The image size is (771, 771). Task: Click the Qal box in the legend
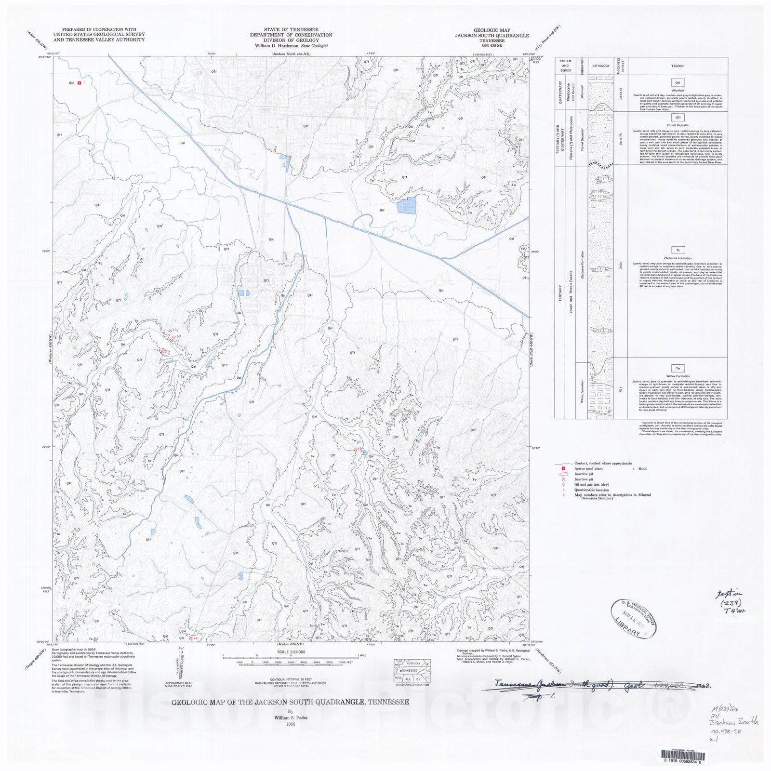coord(678,83)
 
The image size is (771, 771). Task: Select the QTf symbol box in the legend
coord(678,118)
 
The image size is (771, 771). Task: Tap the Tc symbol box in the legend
coord(678,250)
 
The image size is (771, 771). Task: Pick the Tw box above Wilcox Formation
coord(678,369)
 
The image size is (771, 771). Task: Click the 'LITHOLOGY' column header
coord(601,66)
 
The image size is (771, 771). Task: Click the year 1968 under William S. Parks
coord(290,724)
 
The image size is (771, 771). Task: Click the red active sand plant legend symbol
coord(563,468)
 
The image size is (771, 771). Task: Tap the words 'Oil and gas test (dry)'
coord(591,484)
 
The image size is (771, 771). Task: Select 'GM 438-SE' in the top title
coord(489,46)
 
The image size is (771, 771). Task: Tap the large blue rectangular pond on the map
coord(406,207)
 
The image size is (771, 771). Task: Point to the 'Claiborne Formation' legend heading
coord(678,258)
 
